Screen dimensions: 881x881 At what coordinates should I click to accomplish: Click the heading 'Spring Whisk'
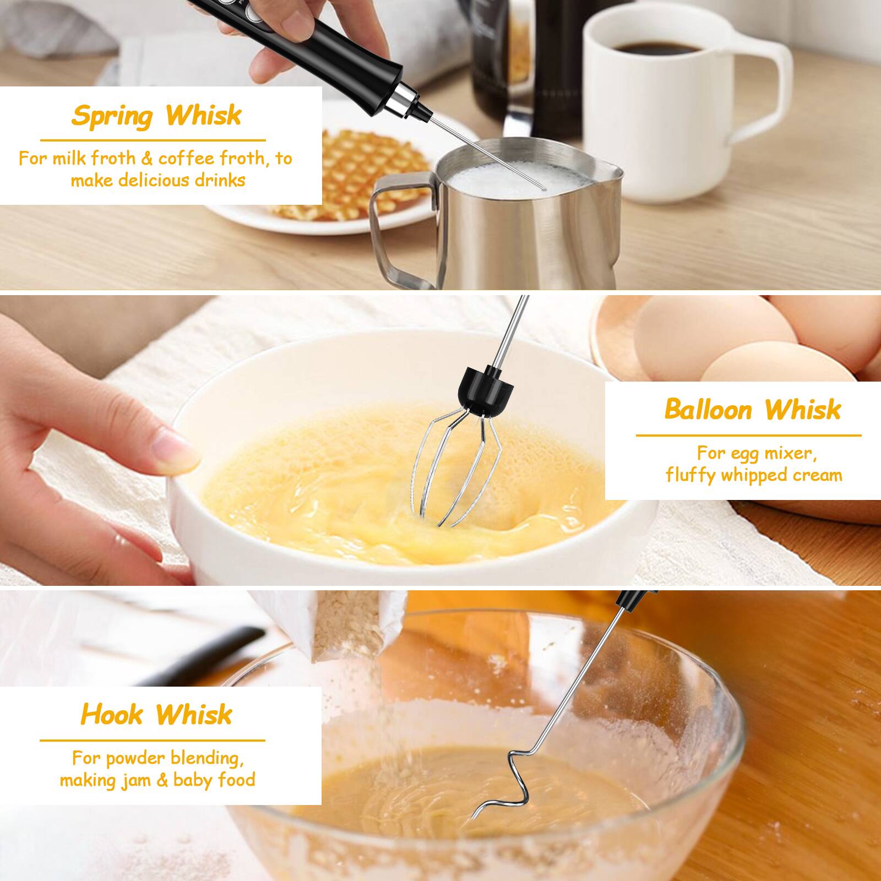pyautogui.click(x=156, y=116)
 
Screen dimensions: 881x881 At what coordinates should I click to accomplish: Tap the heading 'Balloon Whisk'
pyautogui.click(x=753, y=410)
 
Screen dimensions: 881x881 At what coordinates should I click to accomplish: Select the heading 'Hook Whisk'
pyautogui.click(x=156, y=715)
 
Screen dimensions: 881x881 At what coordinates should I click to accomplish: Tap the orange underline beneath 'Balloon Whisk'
pyautogui.click(x=748, y=436)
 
